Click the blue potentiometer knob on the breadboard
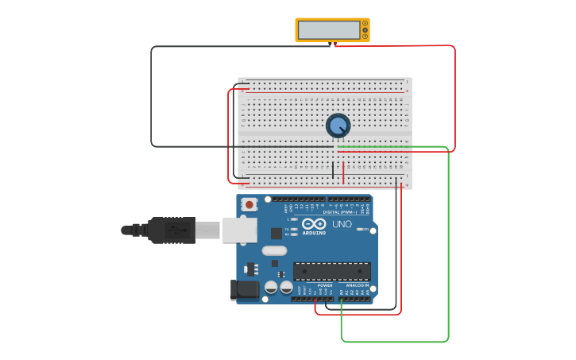[338, 126]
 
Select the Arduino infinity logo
[314, 223]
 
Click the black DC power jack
[245, 290]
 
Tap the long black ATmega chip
[331, 271]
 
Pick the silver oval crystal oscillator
[274, 251]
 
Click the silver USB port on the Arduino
[239, 230]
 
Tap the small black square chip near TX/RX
[276, 234]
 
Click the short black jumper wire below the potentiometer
[333, 170]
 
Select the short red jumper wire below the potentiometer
[343, 172]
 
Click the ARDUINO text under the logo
[314, 233]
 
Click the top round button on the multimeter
[365, 24]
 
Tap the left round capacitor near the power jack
[271, 287]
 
